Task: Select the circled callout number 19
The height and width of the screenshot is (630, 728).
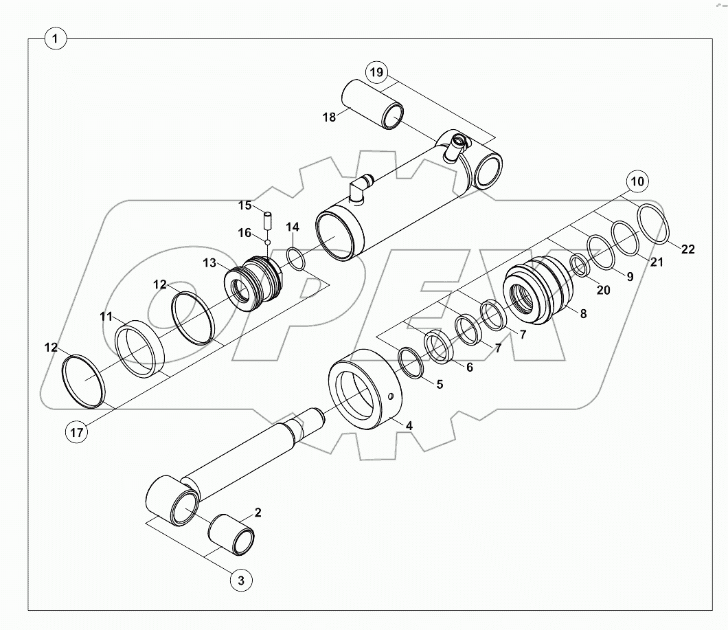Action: [376, 72]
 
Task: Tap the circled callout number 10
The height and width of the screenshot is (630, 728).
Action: [637, 182]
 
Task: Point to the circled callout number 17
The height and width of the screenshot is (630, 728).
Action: [78, 432]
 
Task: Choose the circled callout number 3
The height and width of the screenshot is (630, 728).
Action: [240, 581]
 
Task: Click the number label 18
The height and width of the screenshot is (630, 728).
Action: [330, 117]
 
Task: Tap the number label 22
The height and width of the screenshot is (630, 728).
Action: [687, 249]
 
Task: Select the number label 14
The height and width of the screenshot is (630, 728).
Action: [292, 227]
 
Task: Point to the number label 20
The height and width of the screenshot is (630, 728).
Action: [602, 291]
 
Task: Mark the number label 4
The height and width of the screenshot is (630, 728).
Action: [409, 426]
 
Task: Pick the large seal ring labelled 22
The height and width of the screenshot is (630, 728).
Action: [653, 223]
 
